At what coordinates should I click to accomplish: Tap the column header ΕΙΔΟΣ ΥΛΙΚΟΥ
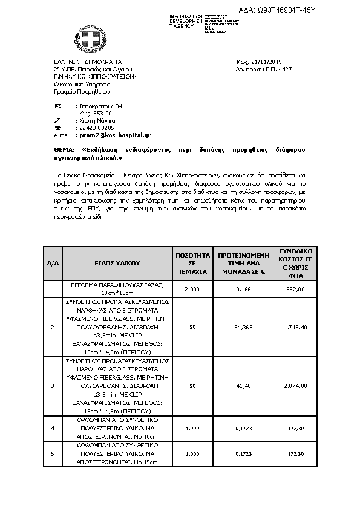coord(117,263)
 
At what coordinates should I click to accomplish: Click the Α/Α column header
coord(53,263)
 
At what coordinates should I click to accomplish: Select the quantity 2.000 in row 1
coord(192,290)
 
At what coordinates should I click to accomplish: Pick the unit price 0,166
coord(242,290)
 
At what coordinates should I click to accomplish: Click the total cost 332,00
coord(295,290)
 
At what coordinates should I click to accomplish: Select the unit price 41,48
coord(242,386)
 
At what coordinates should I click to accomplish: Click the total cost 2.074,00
coord(295,386)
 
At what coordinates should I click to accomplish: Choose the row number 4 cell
coord(53,429)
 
